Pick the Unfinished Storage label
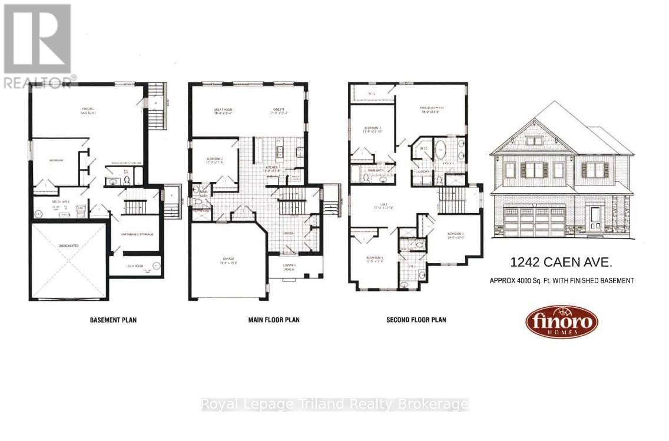[137, 234]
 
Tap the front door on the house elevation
[595, 217]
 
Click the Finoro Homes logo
[561, 321]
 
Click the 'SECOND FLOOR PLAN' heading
[416, 320]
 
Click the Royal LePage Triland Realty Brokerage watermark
[334, 404]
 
